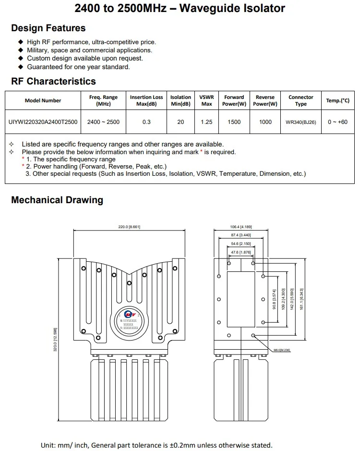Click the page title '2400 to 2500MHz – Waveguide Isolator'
pyautogui.click(x=180, y=8)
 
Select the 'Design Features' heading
pyautogui.click(x=48, y=28)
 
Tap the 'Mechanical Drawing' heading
pyautogui.click(x=57, y=200)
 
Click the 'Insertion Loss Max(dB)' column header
pyautogui.click(x=146, y=100)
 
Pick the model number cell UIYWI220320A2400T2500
pyautogui.click(x=43, y=122)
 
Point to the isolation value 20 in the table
pyautogui.click(x=180, y=122)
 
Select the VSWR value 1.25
pyautogui.click(x=206, y=122)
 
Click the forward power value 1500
pyautogui.click(x=234, y=122)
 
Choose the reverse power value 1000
pyautogui.click(x=265, y=122)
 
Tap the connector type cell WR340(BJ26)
pyautogui.click(x=300, y=122)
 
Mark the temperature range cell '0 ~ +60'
pyautogui.click(x=337, y=122)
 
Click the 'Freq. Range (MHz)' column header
pyautogui.click(x=103, y=100)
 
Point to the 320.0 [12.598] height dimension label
pyautogui.click(x=55, y=339)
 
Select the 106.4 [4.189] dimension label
pyautogui.click(x=241, y=227)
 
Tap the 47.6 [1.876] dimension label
pyautogui.click(x=241, y=252)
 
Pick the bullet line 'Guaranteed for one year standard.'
pyautogui.click(x=78, y=67)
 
